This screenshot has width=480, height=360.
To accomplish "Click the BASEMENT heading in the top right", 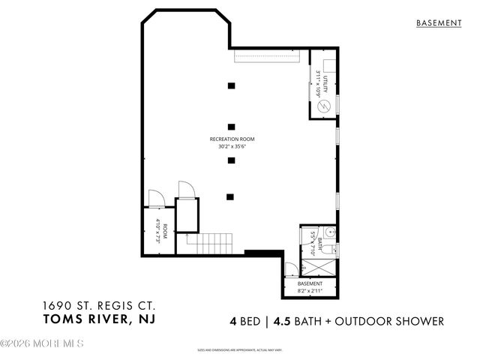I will click(439, 23).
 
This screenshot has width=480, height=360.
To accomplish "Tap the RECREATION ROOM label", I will click(232, 139).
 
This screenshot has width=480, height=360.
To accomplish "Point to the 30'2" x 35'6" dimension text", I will click(232, 147).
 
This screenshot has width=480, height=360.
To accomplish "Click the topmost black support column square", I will click(232, 85).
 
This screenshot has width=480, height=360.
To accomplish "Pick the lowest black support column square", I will click(232, 196).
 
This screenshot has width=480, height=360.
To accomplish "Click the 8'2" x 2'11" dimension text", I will click(310, 291).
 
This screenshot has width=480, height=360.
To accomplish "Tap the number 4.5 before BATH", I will click(281, 321).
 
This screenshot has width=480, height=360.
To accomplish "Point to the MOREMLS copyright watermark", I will click(42, 344).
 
